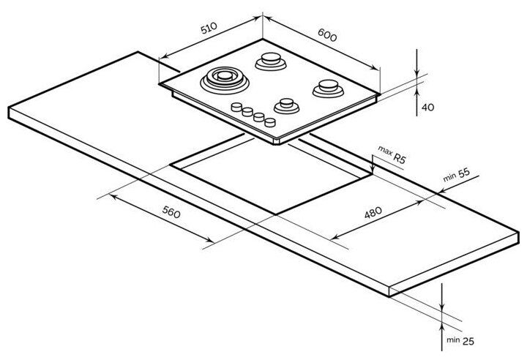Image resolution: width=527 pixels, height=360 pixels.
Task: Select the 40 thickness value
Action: (x=428, y=108)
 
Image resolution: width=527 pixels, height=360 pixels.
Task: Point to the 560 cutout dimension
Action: (x=169, y=213)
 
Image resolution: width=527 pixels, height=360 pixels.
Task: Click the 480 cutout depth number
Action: (x=373, y=214)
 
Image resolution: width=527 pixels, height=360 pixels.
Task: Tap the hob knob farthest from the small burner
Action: (x=236, y=108)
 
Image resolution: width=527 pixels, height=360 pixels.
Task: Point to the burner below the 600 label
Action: (x=271, y=60)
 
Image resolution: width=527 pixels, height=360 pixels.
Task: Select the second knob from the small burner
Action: (x=259, y=117)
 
